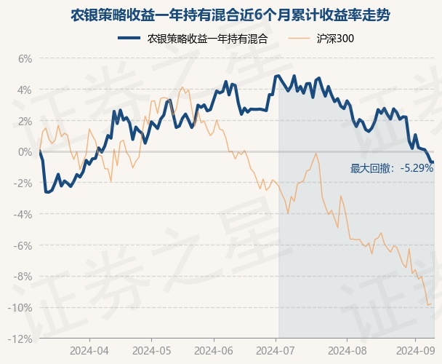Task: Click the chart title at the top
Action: (220, 15)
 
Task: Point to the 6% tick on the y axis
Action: (25, 59)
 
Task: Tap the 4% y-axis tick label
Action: (25, 90)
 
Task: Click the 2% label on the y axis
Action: (25, 121)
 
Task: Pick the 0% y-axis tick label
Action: (25, 152)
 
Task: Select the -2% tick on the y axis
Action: (23, 183)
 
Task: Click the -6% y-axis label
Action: (23, 245)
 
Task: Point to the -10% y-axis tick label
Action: (21, 308)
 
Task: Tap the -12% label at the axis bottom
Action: (21, 339)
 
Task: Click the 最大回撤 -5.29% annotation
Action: (392, 168)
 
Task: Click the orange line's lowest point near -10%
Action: (428, 304)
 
